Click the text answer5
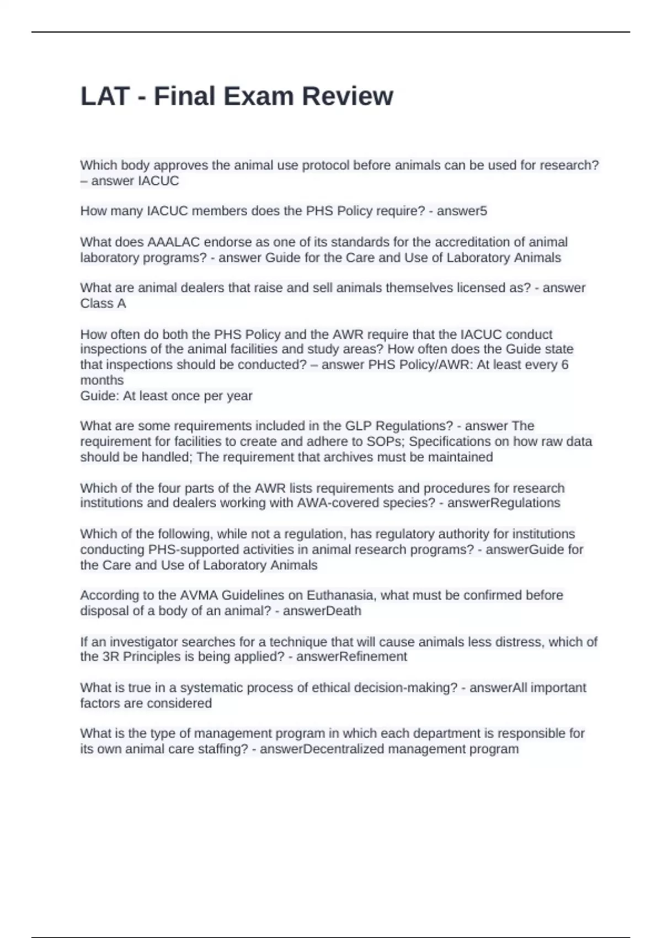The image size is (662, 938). [462, 211]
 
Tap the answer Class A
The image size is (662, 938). [103, 303]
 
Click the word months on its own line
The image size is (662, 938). [102, 380]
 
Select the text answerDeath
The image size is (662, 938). [322, 611]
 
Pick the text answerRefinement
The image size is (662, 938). [352, 657]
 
